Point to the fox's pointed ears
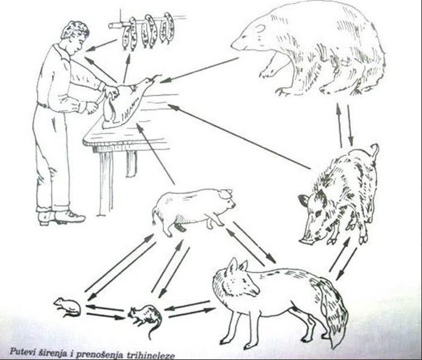point(237,266)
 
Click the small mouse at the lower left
point(67,307)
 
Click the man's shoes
point(61,216)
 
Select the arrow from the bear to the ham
point(199,70)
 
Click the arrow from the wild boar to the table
point(239,136)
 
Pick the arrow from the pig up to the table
point(156,154)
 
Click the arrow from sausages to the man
point(101,46)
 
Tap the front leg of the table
point(105,183)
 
